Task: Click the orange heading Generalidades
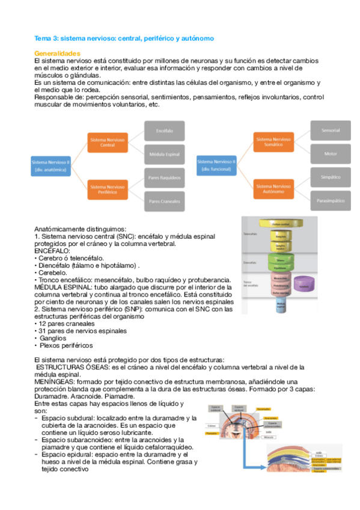(x=58, y=54)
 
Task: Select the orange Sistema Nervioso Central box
(x=108, y=142)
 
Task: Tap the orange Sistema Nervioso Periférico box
(x=108, y=189)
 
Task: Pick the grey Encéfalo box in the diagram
(x=164, y=130)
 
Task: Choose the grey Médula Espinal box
(x=164, y=154)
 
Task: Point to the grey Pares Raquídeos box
(x=164, y=178)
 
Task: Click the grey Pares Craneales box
(x=164, y=201)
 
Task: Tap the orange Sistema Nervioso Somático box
(x=275, y=142)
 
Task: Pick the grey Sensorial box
(x=331, y=130)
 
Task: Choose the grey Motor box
(x=331, y=154)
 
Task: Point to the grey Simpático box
(x=331, y=177)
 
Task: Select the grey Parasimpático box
(x=331, y=200)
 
